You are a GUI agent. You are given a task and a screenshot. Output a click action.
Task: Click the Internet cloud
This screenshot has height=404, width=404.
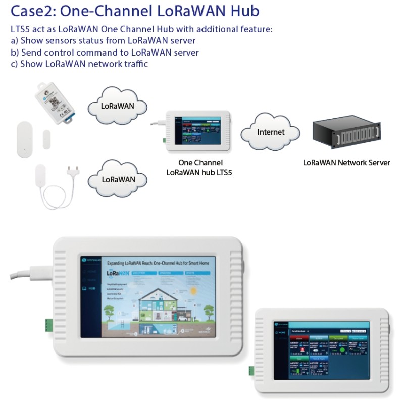point(271,132)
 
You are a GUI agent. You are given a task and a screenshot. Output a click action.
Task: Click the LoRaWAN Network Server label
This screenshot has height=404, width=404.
point(346,163)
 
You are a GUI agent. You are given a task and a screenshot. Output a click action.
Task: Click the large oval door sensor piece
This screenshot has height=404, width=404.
point(25,138)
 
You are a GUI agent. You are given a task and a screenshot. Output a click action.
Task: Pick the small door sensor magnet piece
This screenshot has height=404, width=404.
point(47,140)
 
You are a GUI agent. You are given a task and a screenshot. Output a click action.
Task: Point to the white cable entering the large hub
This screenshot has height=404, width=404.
point(30,272)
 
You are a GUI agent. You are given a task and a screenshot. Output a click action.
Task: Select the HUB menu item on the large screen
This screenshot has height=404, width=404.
point(91,289)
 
